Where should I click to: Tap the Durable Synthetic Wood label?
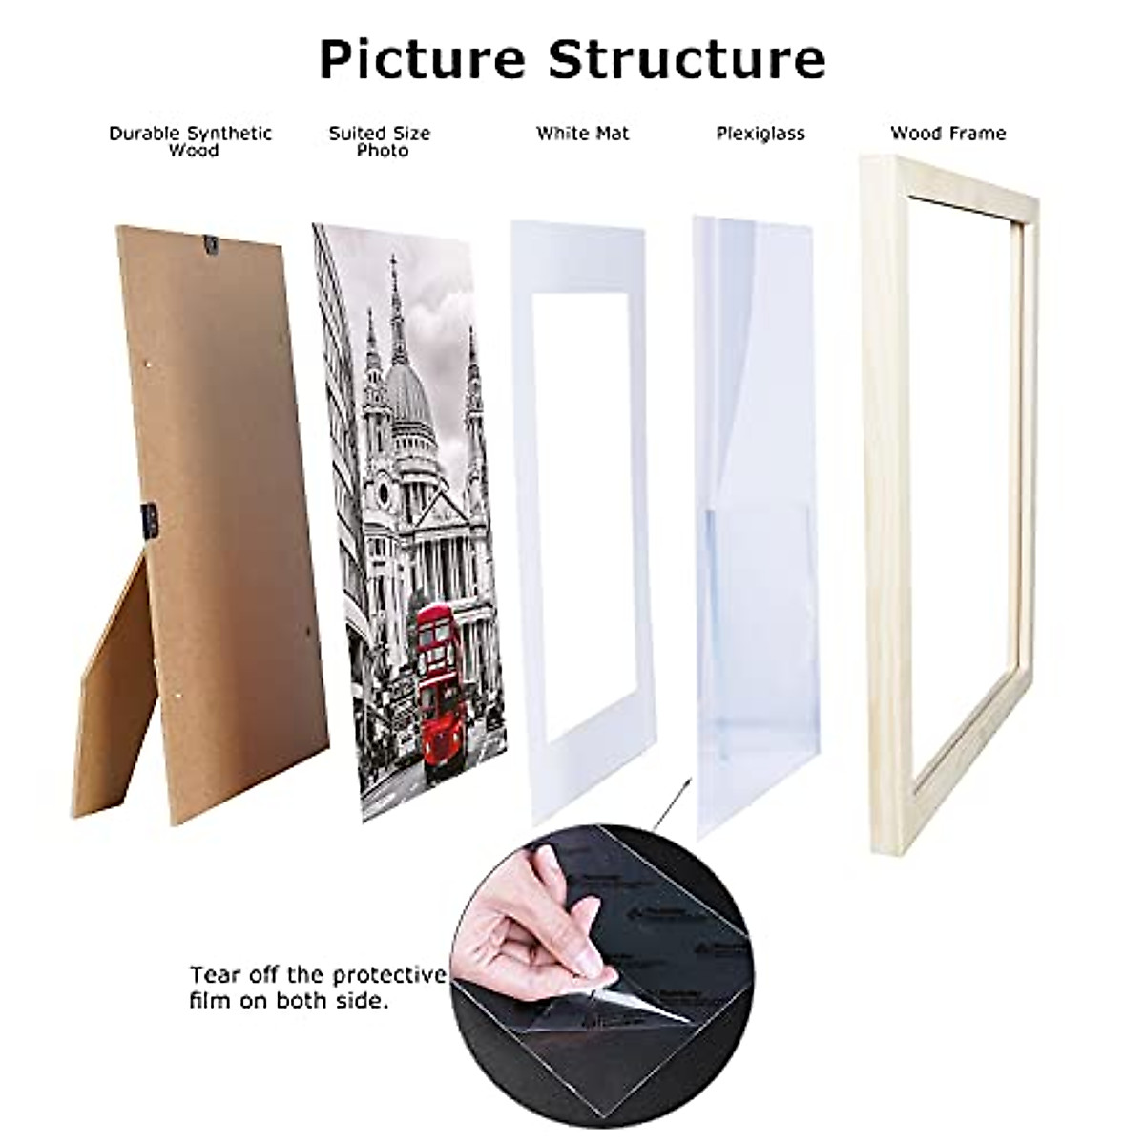tap(190, 141)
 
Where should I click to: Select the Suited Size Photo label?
tap(380, 141)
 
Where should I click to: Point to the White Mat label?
tap(582, 134)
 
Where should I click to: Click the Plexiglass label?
tap(760, 134)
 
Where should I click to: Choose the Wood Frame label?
tap(947, 134)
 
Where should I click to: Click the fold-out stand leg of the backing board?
tap(113, 687)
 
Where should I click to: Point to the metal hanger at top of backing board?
tap(213, 246)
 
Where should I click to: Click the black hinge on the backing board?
tap(149, 520)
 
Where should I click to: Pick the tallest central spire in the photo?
tap(392, 286)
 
